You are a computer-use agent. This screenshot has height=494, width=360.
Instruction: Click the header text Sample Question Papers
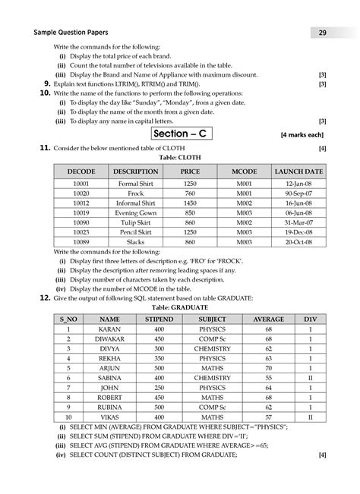tap(68, 33)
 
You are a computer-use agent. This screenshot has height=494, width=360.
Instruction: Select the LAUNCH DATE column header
tap(299, 172)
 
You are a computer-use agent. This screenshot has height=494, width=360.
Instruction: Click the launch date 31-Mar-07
tap(299, 223)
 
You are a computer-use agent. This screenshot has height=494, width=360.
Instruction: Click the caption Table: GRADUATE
tap(179, 310)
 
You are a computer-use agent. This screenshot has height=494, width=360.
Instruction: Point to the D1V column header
tap(310, 319)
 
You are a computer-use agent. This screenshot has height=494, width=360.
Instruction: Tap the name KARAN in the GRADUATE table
tap(110, 331)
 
